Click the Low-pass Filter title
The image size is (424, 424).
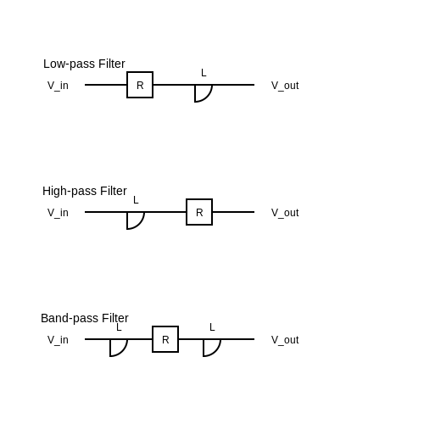click(x=84, y=64)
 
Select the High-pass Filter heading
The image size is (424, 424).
click(x=85, y=191)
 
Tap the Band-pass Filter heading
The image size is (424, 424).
click(x=85, y=318)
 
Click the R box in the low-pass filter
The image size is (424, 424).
click(x=140, y=85)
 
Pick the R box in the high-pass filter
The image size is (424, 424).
click(x=199, y=212)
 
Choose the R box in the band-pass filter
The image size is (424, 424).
click(x=165, y=339)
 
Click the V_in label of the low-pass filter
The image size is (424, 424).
click(x=58, y=86)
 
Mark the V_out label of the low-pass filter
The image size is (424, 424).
click(x=285, y=86)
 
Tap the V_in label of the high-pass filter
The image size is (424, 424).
click(x=58, y=213)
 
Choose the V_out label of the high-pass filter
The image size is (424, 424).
click(x=285, y=213)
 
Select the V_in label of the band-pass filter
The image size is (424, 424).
click(x=58, y=340)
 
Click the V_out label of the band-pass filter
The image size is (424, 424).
click(x=285, y=340)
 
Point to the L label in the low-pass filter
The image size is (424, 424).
click(x=204, y=73)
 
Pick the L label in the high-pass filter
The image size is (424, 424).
click(x=136, y=200)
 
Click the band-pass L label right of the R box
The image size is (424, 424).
click(x=212, y=327)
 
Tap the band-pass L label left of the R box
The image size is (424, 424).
click(x=119, y=327)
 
